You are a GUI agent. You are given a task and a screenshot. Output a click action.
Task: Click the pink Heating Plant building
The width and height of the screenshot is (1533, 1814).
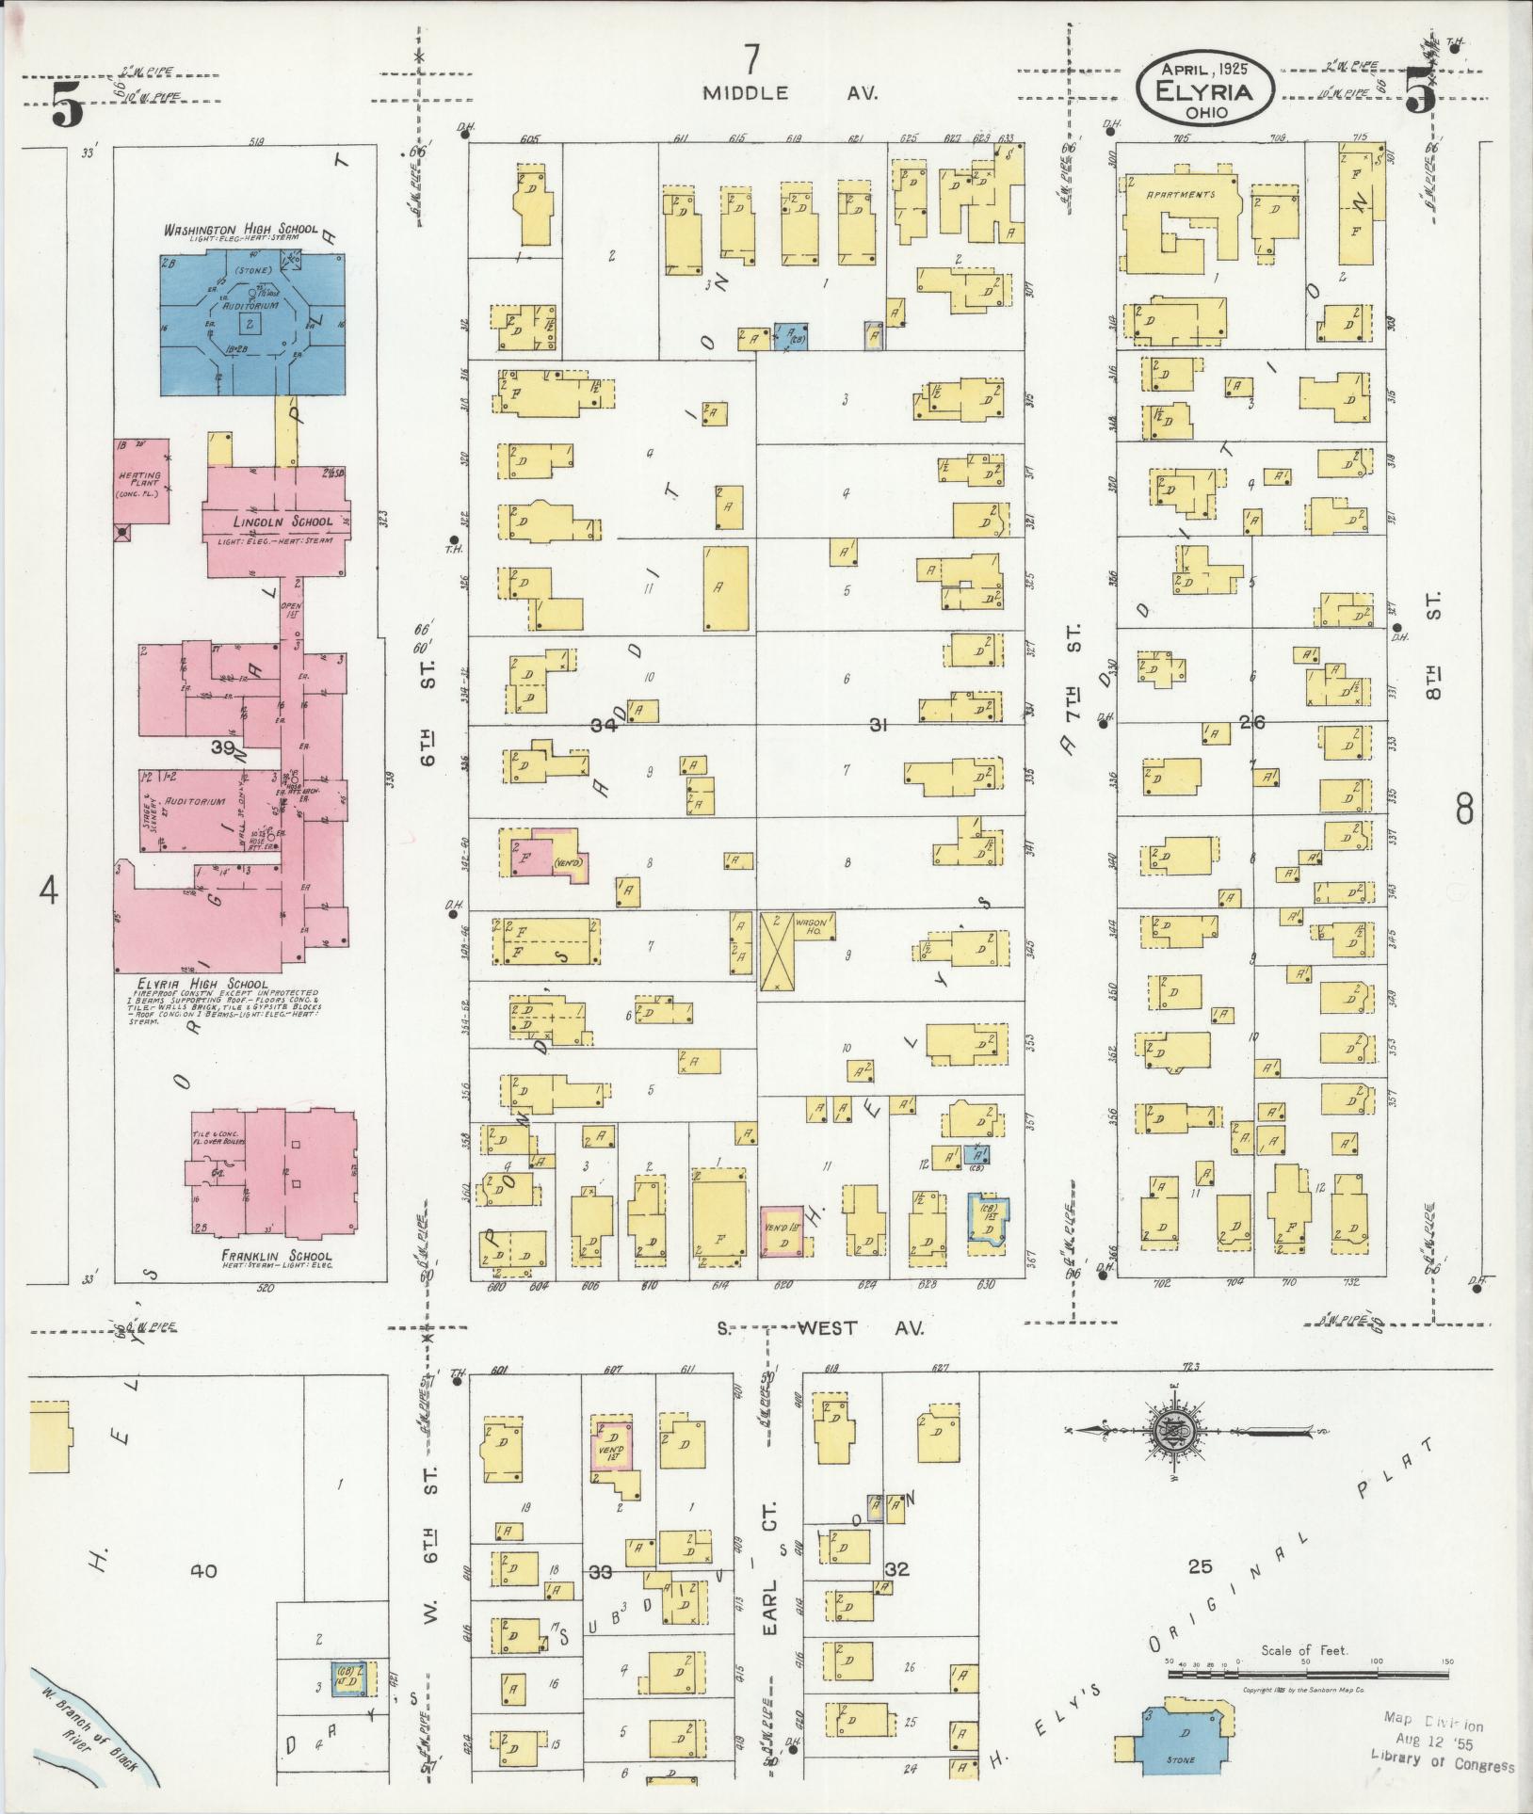tap(142, 480)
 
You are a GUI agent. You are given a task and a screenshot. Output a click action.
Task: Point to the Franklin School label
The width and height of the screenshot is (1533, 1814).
tap(265, 1256)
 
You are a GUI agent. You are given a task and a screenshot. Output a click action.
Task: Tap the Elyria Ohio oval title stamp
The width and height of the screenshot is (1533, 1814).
tap(1204, 91)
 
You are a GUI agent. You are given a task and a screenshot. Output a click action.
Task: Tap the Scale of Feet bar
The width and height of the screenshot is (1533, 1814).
tap(1309, 1675)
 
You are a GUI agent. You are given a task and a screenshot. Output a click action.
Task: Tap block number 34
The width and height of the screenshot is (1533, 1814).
tap(605, 725)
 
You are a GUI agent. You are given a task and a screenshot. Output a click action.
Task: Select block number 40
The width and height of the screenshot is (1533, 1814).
tap(202, 1569)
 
